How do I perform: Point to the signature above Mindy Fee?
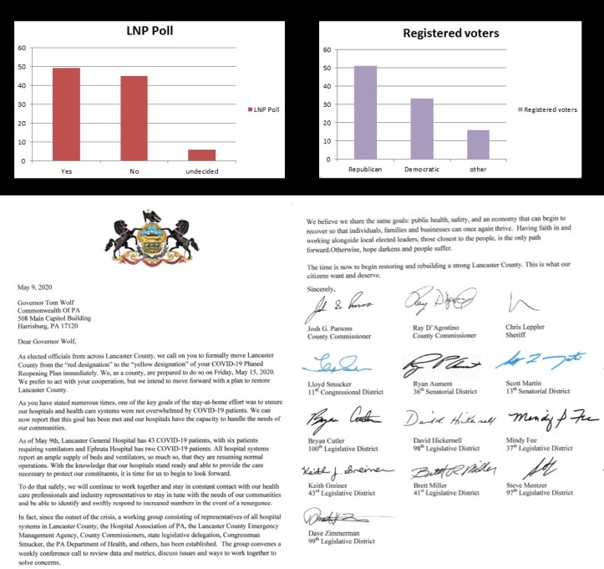(537, 415)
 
